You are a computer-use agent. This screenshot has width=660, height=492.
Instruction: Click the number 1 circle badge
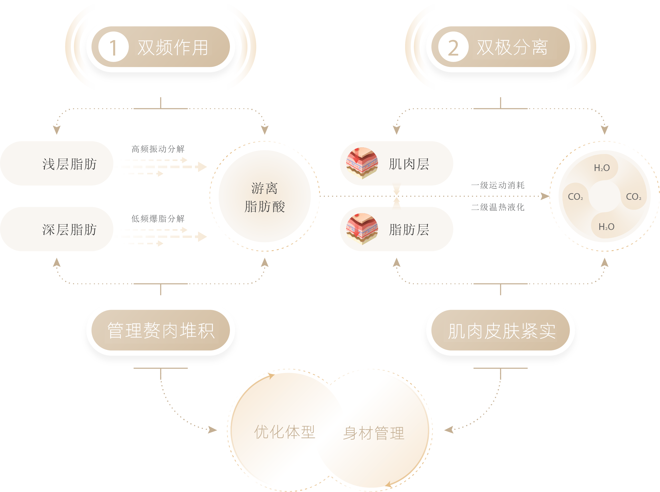coord(113,47)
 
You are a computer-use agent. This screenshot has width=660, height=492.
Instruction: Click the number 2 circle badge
coord(453,47)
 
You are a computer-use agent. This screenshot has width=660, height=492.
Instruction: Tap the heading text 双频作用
coord(173,47)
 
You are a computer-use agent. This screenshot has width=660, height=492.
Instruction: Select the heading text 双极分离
coord(512,47)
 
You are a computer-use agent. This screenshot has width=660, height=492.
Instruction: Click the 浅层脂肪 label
coord(69,164)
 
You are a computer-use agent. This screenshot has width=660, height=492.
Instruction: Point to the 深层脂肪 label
coord(69,230)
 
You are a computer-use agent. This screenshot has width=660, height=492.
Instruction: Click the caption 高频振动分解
coord(158,149)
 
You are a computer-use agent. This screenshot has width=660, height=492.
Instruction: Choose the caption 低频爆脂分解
coord(158,219)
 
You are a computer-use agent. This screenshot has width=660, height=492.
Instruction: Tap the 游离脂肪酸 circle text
coord(264,197)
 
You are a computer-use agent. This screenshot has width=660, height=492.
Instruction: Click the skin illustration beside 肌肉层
coord(362,163)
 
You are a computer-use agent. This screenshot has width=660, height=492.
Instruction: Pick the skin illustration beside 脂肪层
coord(362,229)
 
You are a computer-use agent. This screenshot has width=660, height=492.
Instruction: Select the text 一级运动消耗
coord(498,185)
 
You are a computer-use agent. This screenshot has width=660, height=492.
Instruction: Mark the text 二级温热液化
coord(498,207)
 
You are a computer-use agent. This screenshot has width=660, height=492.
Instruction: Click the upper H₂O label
coord(602,168)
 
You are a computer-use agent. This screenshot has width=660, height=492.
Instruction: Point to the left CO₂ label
coord(575,197)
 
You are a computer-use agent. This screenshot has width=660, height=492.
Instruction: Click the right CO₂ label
coord(634,197)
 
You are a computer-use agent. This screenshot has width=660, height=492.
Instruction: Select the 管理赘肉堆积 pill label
coord(161,330)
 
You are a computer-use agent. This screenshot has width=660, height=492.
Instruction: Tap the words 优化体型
coord(284,432)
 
